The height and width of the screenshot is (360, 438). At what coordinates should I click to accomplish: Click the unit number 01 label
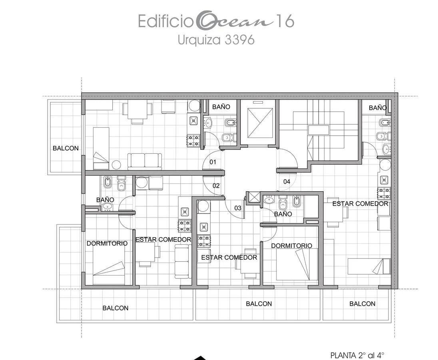(x=213, y=162)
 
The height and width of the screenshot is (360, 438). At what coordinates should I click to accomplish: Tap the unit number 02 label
(x=216, y=186)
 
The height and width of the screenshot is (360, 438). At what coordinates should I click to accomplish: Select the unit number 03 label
(x=238, y=208)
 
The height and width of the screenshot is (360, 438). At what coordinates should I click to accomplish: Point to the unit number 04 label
(x=287, y=182)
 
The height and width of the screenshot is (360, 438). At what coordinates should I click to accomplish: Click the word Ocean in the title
(x=234, y=22)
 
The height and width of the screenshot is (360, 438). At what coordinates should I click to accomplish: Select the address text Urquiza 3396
(x=216, y=40)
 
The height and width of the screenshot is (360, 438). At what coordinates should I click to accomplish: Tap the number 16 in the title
(x=285, y=21)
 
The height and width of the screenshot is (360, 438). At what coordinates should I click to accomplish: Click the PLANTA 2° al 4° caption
(x=357, y=356)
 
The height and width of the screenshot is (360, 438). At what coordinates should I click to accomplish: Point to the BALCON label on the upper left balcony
(x=66, y=148)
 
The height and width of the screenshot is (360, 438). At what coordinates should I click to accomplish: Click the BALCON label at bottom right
(x=362, y=304)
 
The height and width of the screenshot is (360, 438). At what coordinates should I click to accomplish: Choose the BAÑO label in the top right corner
(x=378, y=108)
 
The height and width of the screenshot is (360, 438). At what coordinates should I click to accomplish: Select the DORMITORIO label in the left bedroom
(x=107, y=243)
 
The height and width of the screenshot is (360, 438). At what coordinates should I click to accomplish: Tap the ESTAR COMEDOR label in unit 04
(x=360, y=204)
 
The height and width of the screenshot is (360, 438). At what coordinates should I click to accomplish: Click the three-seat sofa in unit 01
(x=145, y=161)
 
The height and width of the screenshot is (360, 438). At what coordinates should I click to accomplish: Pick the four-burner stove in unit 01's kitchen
(x=193, y=140)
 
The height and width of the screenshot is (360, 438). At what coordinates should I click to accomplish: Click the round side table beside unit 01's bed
(x=116, y=165)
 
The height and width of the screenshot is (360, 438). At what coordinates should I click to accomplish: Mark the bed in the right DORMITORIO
(x=297, y=264)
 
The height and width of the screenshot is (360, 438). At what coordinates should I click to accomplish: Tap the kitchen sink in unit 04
(x=384, y=179)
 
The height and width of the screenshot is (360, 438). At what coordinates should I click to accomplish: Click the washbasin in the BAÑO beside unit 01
(x=208, y=122)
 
